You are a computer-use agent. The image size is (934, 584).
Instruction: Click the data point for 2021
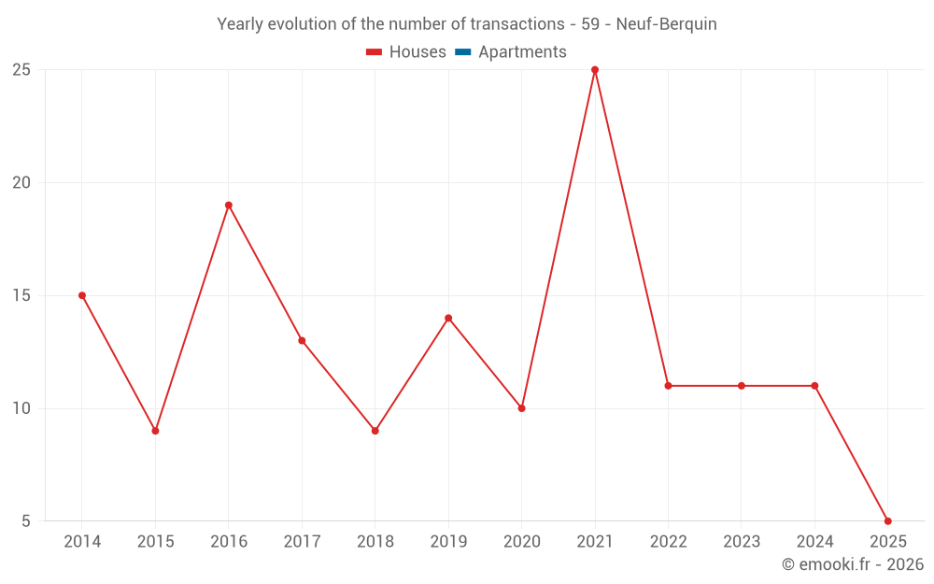[595, 70]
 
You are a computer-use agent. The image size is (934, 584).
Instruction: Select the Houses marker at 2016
[229, 206]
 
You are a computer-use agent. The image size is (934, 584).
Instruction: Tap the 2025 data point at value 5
[887, 520]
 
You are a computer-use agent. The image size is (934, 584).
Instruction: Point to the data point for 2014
[82, 295]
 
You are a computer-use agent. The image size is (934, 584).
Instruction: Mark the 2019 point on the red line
[448, 318]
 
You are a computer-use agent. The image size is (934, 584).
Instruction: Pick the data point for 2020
[521, 408]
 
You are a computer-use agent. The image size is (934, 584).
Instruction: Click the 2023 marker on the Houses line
[741, 386]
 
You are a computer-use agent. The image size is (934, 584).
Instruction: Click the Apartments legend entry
[522, 52]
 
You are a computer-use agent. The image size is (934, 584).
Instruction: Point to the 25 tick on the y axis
[21, 70]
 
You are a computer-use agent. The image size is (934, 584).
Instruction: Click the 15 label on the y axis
[21, 295]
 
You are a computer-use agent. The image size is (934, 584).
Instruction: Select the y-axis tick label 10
[21, 408]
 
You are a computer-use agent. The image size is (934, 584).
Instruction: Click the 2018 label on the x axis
[375, 542]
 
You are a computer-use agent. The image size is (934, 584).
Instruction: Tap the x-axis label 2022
[668, 542]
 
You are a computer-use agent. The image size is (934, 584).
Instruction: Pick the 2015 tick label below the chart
[155, 542]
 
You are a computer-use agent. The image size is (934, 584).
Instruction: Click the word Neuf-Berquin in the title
[666, 24]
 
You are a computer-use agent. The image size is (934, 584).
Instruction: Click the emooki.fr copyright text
[852, 564]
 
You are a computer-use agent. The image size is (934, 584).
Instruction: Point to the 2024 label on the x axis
[814, 542]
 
